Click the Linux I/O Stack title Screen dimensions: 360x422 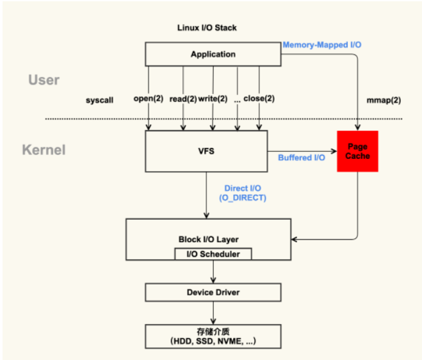click(x=207, y=28)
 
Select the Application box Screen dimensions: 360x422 click(x=213, y=54)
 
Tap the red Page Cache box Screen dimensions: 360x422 click(x=357, y=152)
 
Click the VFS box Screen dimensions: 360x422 click(x=206, y=152)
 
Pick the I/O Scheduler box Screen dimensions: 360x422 click(x=213, y=254)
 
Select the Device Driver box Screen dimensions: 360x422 click(x=213, y=293)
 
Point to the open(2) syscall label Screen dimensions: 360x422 click(x=149, y=99)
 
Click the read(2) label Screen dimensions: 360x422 click(x=183, y=99)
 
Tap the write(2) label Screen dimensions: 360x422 click(x=213, y=99)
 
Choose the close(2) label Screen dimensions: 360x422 click(x=259, y=99)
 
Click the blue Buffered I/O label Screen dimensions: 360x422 click(x=301, y=158)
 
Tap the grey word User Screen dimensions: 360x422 click(x=44, y=80)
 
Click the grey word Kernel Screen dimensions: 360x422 click(x=44, y=151)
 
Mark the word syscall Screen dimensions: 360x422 click(x=99, y=101)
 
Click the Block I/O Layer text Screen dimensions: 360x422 click(x=208, y=239)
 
